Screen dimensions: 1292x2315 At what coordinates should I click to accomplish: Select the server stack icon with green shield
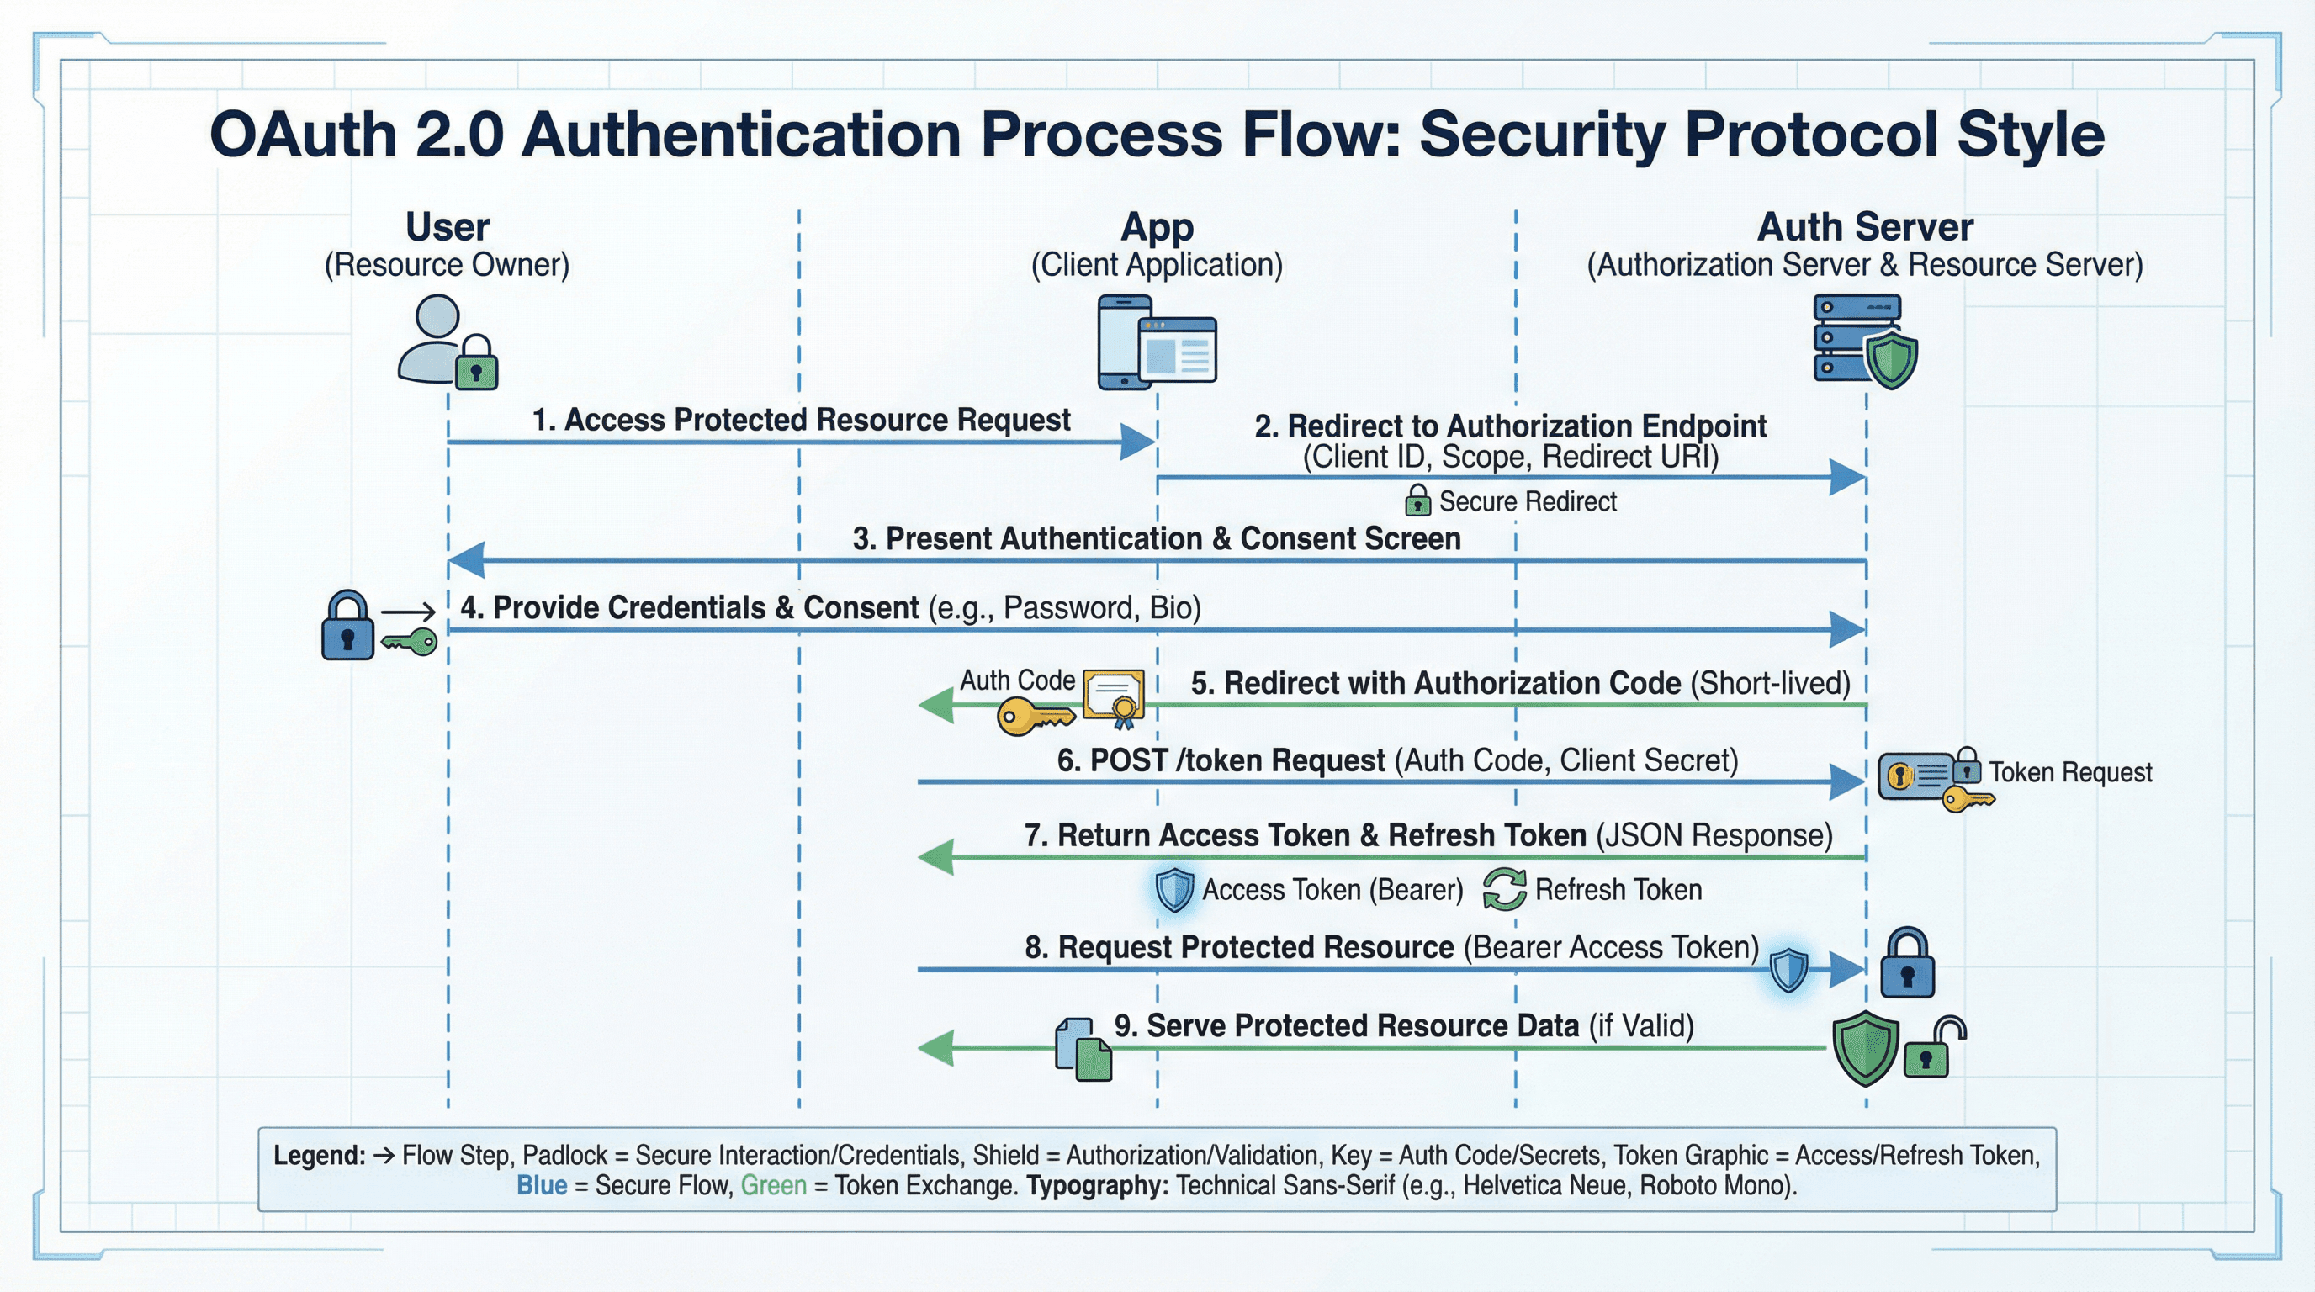[1864, 342]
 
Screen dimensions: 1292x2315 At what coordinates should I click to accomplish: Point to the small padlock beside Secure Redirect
[1417, 500]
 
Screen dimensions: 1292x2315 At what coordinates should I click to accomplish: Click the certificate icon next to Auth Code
[1115, 697]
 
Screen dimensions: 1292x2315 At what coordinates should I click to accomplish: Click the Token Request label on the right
[2069, 772]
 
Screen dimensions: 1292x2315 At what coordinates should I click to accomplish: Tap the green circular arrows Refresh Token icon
[1503, 888]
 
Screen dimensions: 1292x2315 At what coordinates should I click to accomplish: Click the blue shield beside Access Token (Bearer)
[1173, 889]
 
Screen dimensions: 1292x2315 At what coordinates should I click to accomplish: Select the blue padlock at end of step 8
[1907, 964]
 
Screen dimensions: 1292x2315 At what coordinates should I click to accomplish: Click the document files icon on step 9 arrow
[1083, 1049]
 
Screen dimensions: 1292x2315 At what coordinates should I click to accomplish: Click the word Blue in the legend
[541, 1185]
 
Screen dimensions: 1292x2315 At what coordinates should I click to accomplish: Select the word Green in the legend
[773, 1185]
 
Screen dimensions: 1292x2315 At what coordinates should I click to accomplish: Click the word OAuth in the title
[303, 135]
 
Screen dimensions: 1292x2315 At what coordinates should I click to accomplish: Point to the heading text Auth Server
[1865, 226]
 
